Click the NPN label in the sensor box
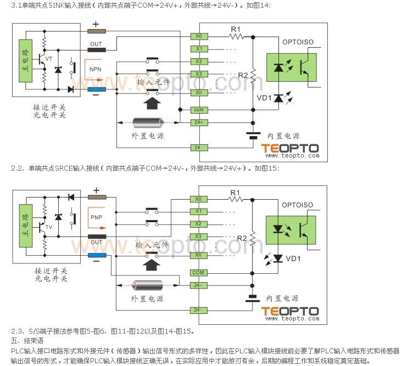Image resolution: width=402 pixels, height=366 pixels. (x=96, y=70)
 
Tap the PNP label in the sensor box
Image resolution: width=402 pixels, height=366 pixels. (x=97, y=218)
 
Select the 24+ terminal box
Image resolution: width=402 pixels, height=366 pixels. (x=198, y=122)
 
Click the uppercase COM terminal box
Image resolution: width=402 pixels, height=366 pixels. (x=198, y=273)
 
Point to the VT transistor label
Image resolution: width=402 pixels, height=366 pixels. (x=49, y=58)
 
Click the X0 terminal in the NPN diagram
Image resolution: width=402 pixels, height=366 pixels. (x=198, y=36)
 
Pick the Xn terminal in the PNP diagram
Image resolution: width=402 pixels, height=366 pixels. (x=198, y=255)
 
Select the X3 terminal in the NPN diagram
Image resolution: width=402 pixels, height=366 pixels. (x=198, y=74)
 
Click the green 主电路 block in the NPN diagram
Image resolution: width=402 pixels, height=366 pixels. (x=24, y=61)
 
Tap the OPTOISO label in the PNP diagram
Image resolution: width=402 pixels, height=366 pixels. (x=297, y=205)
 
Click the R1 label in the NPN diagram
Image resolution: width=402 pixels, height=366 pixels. (x=236, y=28)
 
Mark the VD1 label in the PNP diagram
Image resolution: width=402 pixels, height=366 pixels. (x=293, y=258)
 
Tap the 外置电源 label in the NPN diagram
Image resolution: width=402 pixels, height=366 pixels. (x=147, y=136)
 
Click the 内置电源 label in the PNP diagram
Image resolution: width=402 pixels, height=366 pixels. (x=283, y=299)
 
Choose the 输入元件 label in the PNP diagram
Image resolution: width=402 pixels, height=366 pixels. (x=153, y=245)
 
